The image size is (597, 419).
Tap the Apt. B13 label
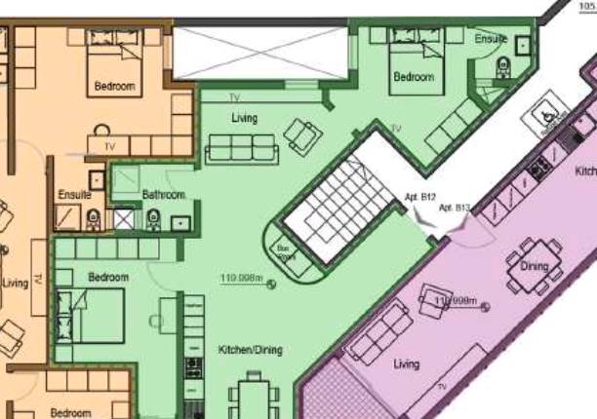455,208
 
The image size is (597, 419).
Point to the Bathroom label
164,195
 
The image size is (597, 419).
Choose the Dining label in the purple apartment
535,266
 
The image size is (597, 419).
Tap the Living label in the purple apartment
406,364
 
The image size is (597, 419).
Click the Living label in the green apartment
245,119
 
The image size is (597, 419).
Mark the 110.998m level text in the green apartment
243,280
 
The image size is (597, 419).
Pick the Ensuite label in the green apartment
491,39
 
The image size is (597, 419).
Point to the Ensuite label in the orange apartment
75,194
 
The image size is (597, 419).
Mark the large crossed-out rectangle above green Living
259,54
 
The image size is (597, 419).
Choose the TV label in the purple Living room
441,389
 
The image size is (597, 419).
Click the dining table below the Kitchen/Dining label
249,400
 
